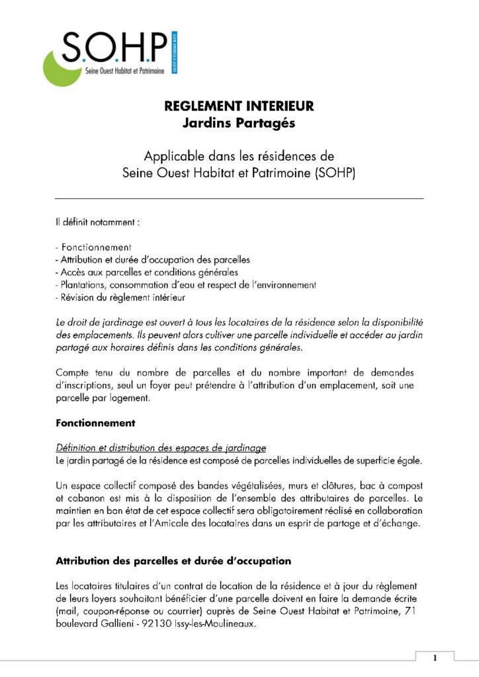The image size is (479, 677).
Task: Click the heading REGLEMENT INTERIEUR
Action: pyautogui.click(x=239, y=106)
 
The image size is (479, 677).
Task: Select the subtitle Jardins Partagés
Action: pyautogui.click(x=239, y=122)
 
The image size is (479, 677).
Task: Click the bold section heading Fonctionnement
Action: pyautogui.click(x=95, y=422)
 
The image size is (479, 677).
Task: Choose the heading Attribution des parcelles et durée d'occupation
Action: pyautogui.click(x=173, y=561)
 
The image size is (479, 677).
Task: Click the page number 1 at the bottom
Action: pyautogui.click(x=435, y=658)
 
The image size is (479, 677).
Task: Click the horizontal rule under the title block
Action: pyautogui.click(x=239, y=198)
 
